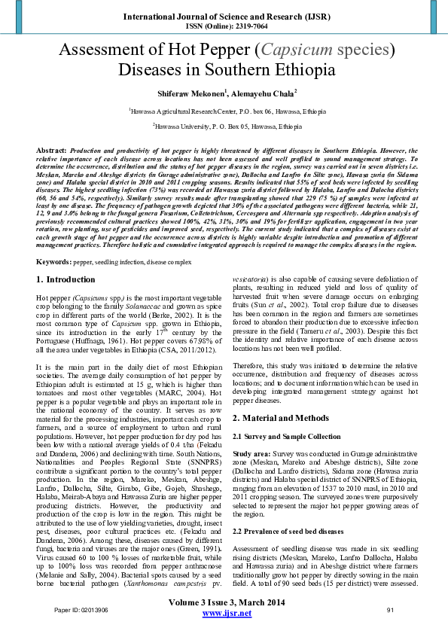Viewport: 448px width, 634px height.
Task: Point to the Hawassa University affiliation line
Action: click(x=224, y=126)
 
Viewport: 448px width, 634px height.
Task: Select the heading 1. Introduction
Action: click(x=66, y=279)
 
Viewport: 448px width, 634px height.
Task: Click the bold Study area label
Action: click(x=251, y=456)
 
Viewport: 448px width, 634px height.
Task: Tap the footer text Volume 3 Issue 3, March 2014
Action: click(x=224, y=602)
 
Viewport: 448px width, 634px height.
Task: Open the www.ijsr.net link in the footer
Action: click(x=224, y=614)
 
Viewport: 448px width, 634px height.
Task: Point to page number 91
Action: click(x=389, y=609)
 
